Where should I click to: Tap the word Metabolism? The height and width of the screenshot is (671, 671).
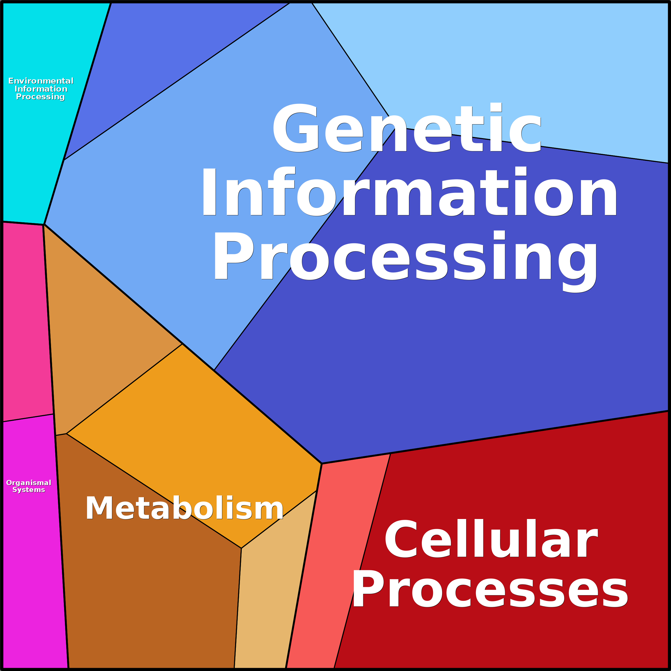click(184, 508)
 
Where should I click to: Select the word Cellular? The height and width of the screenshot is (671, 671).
click(491, 539)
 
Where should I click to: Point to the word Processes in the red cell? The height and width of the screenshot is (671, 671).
click(490, 590)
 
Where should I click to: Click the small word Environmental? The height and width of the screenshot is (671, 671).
click(41, 81)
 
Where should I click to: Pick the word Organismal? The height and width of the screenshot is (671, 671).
click(29, 483)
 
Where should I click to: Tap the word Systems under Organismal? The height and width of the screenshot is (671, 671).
click(29, 490)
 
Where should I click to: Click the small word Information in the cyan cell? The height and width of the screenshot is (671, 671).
click(41, 89)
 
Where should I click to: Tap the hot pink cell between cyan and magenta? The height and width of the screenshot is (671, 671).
click(26, 319)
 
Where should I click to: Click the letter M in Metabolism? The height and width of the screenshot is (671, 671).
click(99, 508)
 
